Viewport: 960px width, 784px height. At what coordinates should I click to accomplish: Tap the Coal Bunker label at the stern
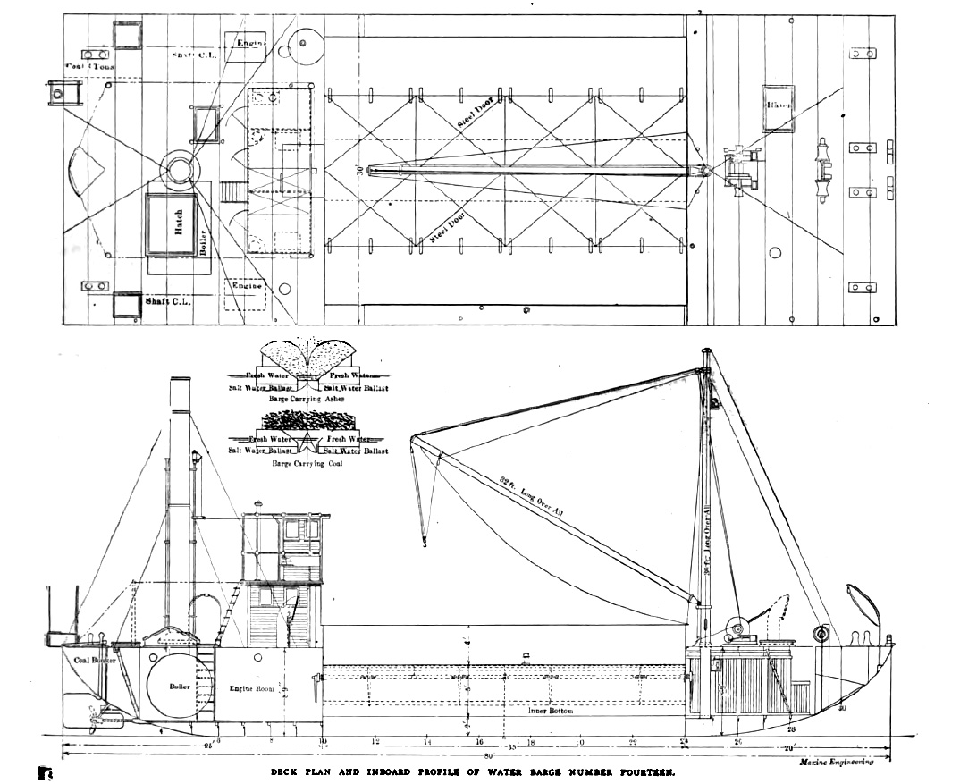pos(96,661)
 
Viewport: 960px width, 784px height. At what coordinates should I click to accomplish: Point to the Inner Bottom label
pos(548,712)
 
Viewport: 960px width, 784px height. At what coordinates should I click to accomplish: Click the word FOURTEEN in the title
pos(645,771)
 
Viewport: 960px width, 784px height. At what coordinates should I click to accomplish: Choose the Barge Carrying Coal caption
pos(307,464)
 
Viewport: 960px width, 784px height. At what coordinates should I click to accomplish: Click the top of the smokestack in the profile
pos(181,381)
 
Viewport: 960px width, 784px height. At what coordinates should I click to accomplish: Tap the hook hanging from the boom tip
pos(425,539)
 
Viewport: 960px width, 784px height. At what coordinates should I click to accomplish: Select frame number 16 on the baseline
pos(479,742)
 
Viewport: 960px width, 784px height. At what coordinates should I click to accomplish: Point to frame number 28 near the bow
pos(790,729)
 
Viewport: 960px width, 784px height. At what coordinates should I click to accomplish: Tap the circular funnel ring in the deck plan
pos(179,169)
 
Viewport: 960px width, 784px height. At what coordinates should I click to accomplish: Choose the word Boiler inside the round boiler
pos(178,688)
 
